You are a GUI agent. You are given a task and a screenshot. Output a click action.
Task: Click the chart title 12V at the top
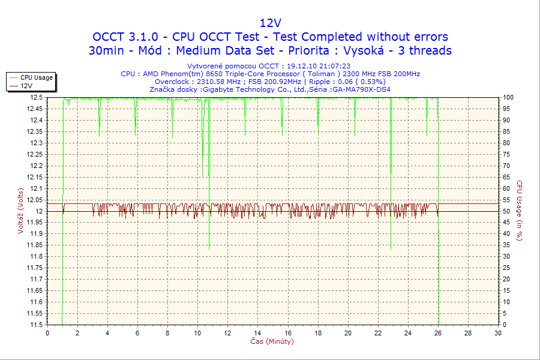coord(270,23)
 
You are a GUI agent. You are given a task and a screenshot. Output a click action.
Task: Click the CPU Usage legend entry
coord(36,77)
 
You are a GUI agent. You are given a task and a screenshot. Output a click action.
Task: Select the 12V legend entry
coord(26,86)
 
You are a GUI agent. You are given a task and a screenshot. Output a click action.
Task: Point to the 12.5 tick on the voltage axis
coord(35,97)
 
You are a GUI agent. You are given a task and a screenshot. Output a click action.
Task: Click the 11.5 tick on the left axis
coord(35,325)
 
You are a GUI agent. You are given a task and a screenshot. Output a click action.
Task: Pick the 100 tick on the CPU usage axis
coord(508,97)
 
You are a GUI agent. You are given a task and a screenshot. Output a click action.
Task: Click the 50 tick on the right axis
coord(506,211)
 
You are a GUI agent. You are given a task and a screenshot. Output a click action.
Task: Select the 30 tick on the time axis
coord(497,333)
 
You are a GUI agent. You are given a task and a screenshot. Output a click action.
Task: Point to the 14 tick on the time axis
coord(257,333)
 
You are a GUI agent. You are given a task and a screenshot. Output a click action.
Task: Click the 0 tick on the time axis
coord(47,333)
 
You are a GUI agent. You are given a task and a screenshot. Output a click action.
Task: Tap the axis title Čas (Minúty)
coord(272,341)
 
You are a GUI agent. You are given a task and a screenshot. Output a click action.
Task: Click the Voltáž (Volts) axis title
coord(21,211)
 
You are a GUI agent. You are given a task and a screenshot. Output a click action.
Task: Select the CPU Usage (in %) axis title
coord(520,211)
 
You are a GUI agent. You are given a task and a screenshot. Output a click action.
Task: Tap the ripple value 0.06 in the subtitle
coord(346,81)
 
